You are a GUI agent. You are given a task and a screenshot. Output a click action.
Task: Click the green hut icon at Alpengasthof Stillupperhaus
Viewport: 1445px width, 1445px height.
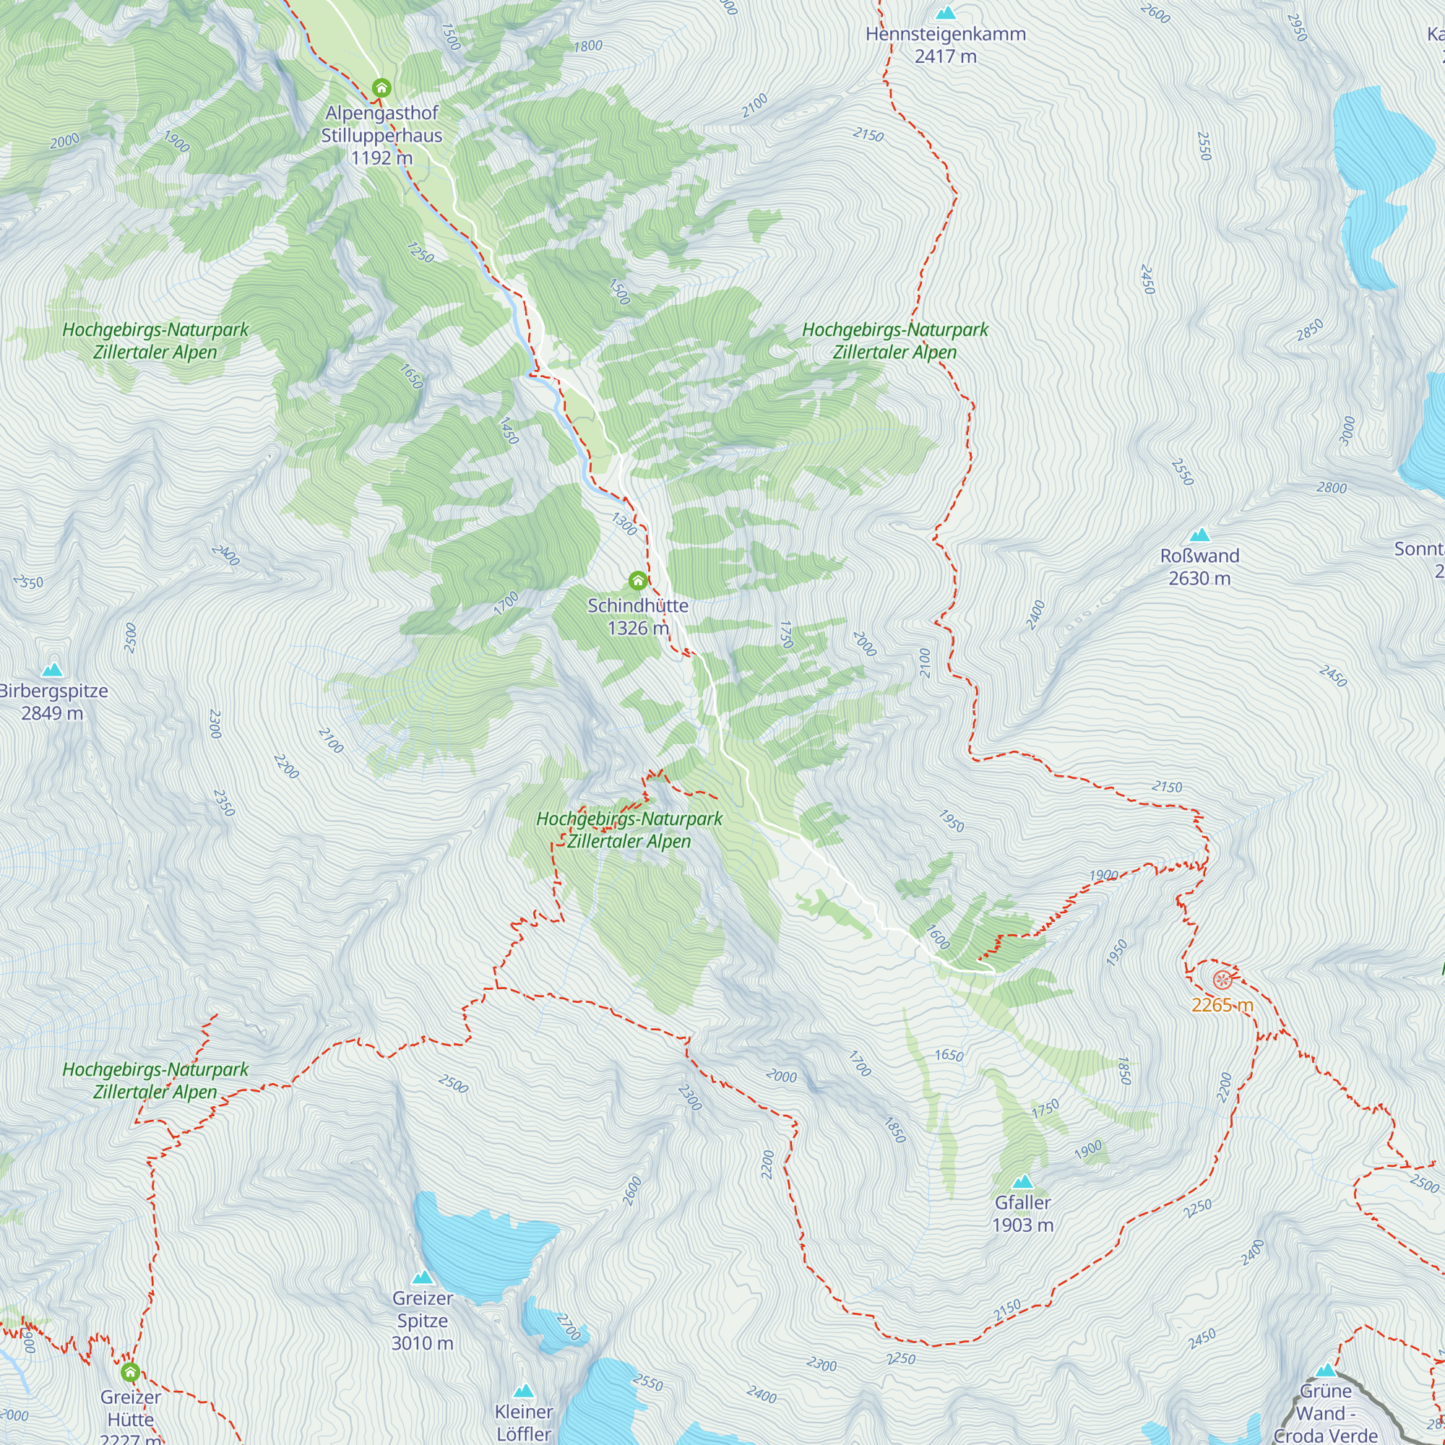[x=381, y=88]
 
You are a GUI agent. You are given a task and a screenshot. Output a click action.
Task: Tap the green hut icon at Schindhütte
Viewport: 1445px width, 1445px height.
[x=637, y=580]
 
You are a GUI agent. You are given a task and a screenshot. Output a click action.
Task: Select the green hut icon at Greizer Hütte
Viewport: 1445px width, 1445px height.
[x=130, y=1372]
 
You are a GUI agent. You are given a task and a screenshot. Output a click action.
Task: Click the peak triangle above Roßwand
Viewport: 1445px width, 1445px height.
[x=1199, y=535]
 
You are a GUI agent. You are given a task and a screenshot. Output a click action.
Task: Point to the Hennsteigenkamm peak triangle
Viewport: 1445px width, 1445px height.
[x=946, y=13]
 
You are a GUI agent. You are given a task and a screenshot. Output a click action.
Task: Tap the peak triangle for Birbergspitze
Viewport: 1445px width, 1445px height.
[x=51, y=670]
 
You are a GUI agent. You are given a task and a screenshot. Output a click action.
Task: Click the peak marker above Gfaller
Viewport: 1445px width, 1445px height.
[x=1022, y=1182]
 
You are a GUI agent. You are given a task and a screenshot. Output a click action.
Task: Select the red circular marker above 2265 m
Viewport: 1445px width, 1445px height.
[x=1222, y=980]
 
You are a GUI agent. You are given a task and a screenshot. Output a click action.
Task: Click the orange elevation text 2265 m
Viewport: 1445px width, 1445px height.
[x=1222, y=1005]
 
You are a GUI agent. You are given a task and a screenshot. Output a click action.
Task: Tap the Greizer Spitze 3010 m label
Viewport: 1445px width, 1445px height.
[x=423, y=1320]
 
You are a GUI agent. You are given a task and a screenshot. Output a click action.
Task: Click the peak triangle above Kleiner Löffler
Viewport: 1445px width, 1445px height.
[x=524, y=1390]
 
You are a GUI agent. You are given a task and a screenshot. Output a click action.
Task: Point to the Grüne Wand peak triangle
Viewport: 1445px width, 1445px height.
[x=1325, y=1370]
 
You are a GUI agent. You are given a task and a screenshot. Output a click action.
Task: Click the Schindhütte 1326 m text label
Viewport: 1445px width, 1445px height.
[x=637, y=616]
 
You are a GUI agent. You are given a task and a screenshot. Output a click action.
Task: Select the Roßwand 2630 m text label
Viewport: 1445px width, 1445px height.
[x=1199, y=567]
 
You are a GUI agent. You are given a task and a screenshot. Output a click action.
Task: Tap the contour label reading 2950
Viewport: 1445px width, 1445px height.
[x=1296, y=28]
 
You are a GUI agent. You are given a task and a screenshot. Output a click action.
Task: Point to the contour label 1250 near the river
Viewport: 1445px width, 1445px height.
[x=420, y=253]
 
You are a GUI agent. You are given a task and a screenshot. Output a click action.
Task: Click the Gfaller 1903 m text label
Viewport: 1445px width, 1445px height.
[x=1022, y=1213]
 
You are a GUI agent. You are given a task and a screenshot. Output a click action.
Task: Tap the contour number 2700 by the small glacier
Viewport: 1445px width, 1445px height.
[x=569, y=1327]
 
